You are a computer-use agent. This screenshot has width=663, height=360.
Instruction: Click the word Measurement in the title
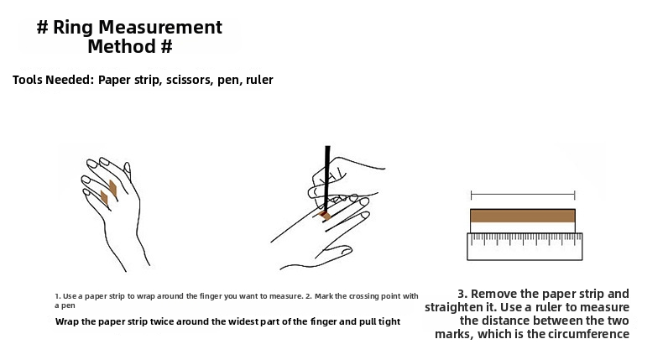point(160,28)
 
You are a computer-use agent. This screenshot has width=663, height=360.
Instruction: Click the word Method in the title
point(122,46)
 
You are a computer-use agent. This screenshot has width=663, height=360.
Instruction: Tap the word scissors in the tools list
point(190,80)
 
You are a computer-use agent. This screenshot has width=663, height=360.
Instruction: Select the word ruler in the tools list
point(259,80)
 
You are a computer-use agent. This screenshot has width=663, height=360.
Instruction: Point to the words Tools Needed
point(53,80)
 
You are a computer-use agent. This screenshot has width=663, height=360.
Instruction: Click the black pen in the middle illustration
point(326,180)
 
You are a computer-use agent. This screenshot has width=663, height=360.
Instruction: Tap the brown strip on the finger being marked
point(325,216)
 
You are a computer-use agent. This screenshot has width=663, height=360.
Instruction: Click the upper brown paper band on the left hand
point(113,188)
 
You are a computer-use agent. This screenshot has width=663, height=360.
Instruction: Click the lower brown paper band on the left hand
point(104,198)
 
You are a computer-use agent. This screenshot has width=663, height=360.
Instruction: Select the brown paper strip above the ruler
point(523,216)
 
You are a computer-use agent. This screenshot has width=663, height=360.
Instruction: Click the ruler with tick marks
point(525,246)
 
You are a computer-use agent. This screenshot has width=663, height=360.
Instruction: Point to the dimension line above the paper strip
point(523,195)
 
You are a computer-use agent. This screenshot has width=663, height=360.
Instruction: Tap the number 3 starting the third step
point(462,294)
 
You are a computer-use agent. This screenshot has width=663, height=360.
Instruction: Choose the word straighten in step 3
point(461,307)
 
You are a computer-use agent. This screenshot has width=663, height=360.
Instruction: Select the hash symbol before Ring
point(43,28)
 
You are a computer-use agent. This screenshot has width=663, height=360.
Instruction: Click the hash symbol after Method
point(167,46)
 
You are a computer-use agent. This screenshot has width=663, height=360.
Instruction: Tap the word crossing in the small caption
point(370,296)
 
